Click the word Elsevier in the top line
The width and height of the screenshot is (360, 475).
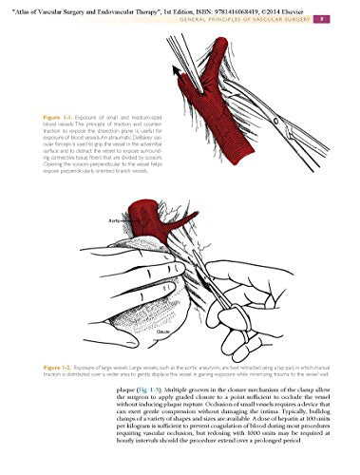[297, 7]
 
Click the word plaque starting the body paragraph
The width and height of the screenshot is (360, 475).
[136, 389]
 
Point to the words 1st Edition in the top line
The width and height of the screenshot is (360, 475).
[177, 7]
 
